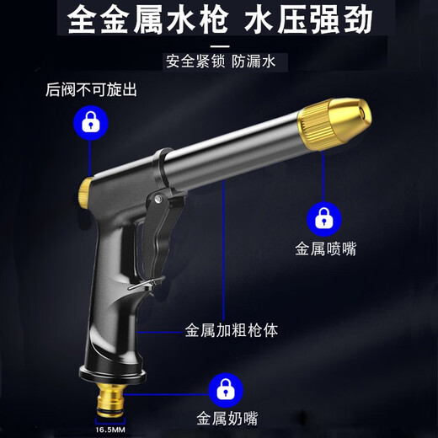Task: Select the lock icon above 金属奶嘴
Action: tap(222, 388)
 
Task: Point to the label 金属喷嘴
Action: tap(322, 249)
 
